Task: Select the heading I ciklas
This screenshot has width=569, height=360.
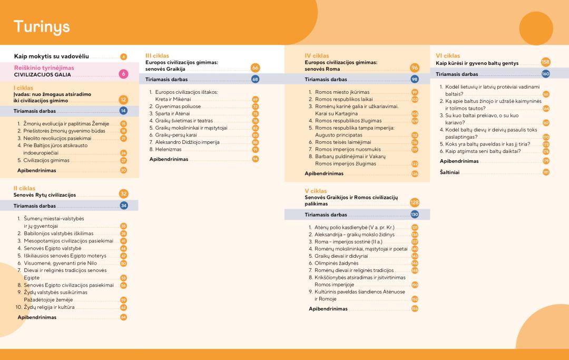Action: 23,87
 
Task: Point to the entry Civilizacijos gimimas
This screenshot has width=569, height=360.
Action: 46,160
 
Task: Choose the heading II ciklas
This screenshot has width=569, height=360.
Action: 24,188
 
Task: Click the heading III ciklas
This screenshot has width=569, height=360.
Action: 157,55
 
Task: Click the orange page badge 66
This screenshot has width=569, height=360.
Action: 256,69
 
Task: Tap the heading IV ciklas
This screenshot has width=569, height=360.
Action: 317,55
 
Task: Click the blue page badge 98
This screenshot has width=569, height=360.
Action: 415,80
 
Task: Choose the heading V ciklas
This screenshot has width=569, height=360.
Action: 316,191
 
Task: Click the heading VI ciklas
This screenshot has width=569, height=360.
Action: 448,55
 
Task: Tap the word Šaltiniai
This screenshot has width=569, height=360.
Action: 449,172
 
